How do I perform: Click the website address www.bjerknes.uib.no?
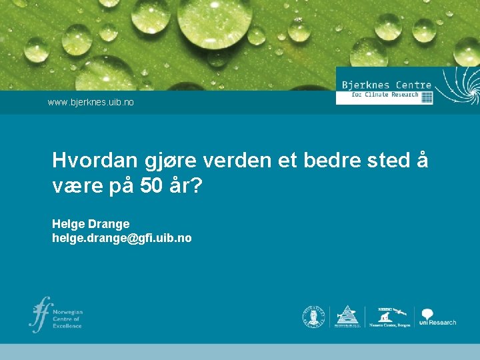click(x=91, y=103)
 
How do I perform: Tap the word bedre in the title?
click(x=331, y=161)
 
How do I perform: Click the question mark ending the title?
click(x=197, y=186)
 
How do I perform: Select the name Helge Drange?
click(x=91, y=224)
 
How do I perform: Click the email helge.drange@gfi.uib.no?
click(x=121, y=238)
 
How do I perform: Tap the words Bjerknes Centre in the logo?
click(x=386, y=85)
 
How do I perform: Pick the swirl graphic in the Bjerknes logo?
click(x=458, y=85)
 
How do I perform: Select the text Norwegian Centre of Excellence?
click(x=68, y=319)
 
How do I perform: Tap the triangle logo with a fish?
click(x=347, y=316)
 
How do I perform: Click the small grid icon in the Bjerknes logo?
click(x=427, y=97)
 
